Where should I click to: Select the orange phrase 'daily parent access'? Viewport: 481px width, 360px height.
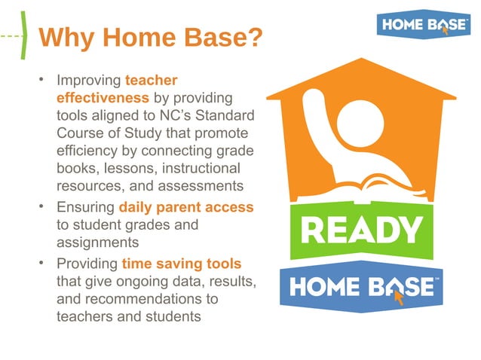[186, 207]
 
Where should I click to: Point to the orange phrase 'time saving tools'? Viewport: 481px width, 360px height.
[182, 264]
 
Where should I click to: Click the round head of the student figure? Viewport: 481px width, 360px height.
[360, 120]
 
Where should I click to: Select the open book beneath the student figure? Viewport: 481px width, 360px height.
[362, 185]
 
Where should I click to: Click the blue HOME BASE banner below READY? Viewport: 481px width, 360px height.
[361, 286]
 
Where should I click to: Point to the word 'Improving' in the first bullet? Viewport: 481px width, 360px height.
[89, 80]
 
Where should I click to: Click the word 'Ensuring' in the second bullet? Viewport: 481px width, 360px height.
[86, 207]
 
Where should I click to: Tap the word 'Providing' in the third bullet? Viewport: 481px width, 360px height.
[87, 264]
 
